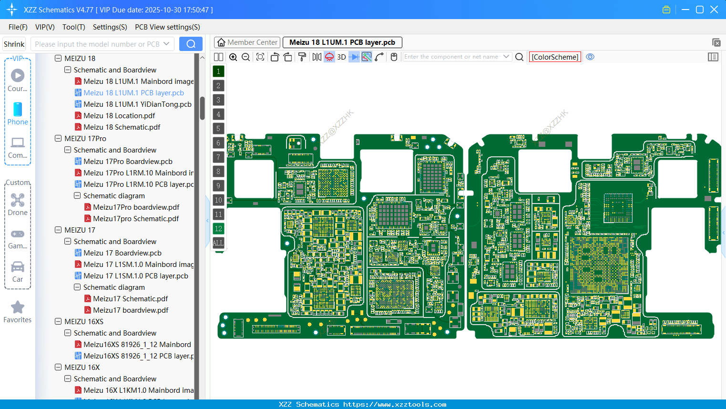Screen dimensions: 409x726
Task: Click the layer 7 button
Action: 218,157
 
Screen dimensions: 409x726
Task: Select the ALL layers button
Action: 218,243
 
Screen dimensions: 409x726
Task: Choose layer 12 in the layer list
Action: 218,228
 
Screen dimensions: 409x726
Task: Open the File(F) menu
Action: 18,27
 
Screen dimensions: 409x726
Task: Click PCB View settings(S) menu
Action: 167,27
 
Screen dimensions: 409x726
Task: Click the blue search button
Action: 191,44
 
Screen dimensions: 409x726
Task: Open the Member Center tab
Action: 247,42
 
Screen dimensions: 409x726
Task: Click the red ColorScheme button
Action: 555,57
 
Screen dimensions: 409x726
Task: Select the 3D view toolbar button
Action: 341,57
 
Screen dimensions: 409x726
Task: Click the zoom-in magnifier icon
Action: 233,57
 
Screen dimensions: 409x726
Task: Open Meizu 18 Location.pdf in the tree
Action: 119,116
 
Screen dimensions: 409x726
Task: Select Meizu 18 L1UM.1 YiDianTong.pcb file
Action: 137,104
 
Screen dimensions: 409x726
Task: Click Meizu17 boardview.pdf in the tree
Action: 131,310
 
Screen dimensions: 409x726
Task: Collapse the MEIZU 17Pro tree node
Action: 58,139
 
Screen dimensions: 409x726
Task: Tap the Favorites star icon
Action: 18,307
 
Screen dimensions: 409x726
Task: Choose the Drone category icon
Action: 18,200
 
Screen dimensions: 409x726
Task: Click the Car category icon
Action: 18,267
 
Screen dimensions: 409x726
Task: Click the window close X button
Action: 714,10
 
